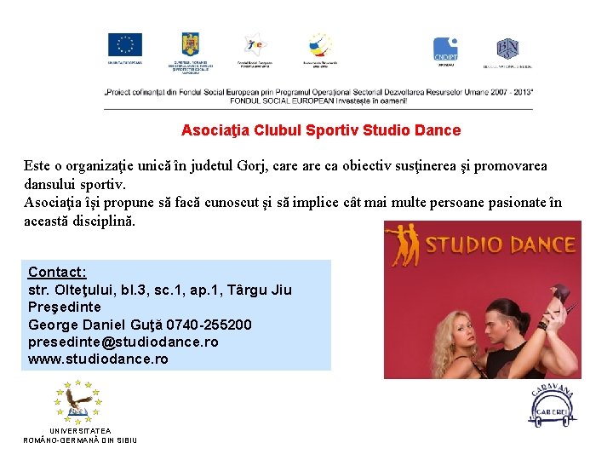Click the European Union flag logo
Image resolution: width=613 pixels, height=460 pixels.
[125, 45]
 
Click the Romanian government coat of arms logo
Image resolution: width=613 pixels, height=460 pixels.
[189, 44]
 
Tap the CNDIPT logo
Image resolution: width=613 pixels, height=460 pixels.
[445, 49]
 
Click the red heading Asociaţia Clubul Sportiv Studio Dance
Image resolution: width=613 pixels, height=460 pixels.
[321, 130]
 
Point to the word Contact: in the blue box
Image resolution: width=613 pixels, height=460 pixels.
[57, 273]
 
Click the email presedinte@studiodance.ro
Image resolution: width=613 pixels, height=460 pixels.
[123, 342]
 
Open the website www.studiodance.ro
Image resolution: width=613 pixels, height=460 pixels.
[98, 359]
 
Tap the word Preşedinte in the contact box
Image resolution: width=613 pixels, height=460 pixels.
[65, 307]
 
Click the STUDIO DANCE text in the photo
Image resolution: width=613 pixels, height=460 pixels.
[500, 245]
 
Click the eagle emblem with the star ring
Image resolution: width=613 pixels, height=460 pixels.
[77, 402]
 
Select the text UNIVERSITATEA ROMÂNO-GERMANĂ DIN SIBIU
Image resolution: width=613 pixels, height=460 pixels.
[80, 435]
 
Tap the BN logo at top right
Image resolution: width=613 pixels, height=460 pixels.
[507, 48]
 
